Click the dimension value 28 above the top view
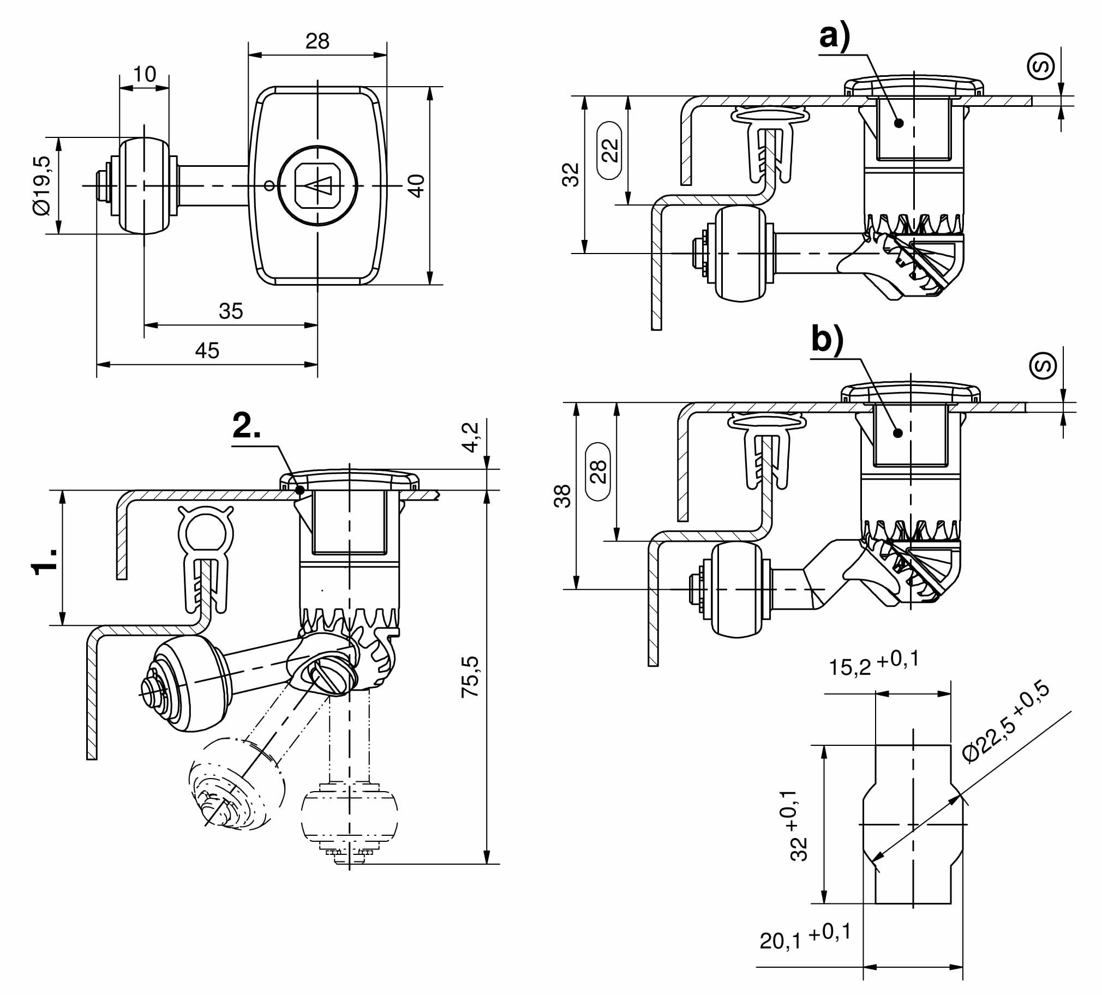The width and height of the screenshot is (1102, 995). coord(318,41)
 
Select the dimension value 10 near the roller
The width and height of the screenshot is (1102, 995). coord(145,74)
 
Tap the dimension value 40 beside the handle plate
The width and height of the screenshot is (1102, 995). coord(416,186)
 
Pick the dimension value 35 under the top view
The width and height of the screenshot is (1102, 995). coord(231,311)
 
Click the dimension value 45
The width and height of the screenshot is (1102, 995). coord(207,350)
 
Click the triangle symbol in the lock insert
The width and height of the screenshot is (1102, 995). coord(319,186)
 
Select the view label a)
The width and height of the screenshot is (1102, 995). coord(835,37)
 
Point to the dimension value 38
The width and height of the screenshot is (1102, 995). coord(563,496)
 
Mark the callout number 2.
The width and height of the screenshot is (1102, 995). coord(247,427)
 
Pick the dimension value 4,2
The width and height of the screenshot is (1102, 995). coord(471,437)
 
